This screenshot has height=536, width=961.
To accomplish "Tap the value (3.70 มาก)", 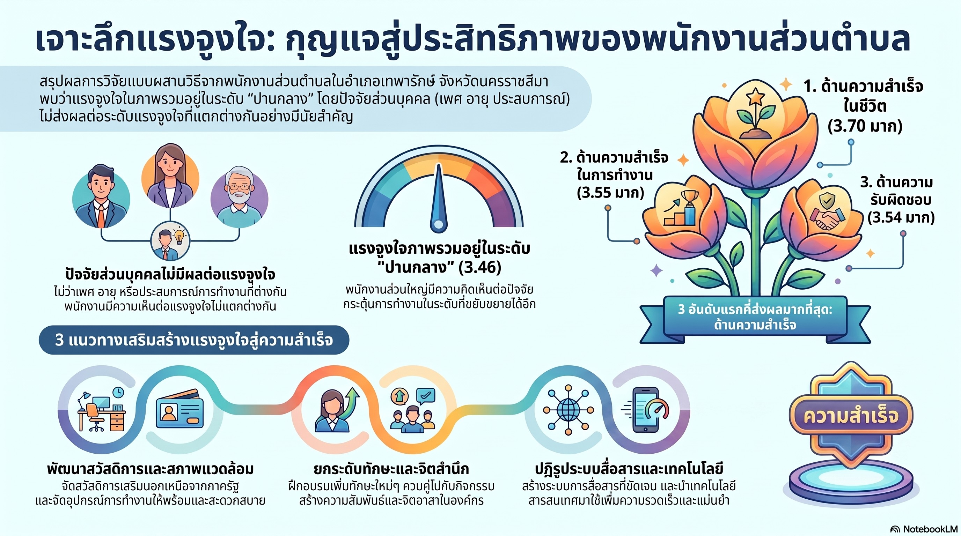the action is click(x=865, y=126).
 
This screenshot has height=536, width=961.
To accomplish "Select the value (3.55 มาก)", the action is click(x=610, y=192).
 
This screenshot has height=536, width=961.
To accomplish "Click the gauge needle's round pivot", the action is click(x=438, y=224).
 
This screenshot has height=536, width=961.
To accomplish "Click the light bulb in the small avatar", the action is click(x=179, y=236).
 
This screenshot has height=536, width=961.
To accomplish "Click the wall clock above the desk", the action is click(x=118, y=392).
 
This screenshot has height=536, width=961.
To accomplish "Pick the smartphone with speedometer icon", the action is click(x=647, y=410).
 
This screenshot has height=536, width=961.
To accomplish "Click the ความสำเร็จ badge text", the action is click(x=851, y=416).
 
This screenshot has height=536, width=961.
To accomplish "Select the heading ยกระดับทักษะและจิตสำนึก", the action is click(x=391, y=469).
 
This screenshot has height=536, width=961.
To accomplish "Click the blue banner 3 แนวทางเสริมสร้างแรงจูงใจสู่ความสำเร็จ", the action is click(x=194, y=340).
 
